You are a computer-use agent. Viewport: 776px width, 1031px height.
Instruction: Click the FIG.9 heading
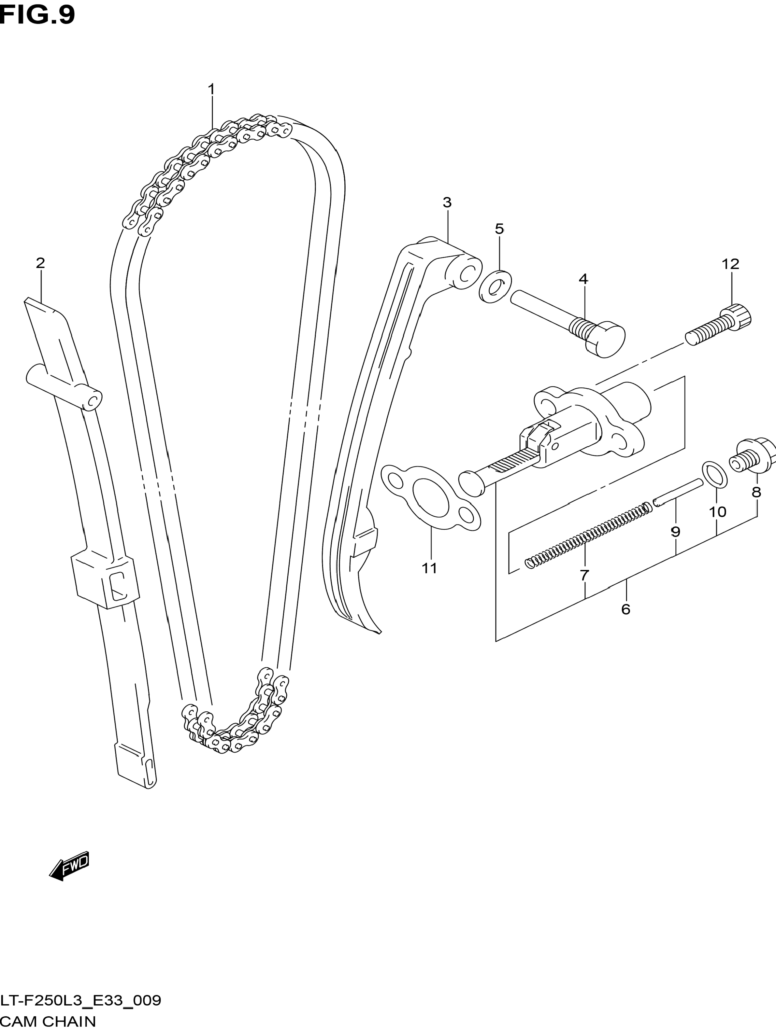tap(37, 15)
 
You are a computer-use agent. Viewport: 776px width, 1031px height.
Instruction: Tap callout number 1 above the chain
tap(211, 89)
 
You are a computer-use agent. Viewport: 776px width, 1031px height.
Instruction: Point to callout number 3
tap(447, 202)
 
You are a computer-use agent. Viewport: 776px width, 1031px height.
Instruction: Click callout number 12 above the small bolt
tap(730, 264)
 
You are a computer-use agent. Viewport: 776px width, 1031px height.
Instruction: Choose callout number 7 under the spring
tap(584, 575)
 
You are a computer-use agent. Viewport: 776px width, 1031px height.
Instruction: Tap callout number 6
tap(626, 609)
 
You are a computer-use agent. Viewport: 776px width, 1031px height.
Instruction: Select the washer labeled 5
tap(495, 286)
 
